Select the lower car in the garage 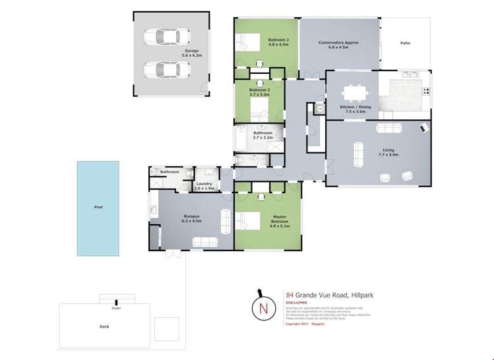163,69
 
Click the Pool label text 98,207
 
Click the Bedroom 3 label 259,90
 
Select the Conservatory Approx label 339,43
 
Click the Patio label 405,43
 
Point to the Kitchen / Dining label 355,107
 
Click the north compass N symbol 263,307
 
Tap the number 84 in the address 290,295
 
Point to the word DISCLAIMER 297,303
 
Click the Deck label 104,326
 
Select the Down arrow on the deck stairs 116,302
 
